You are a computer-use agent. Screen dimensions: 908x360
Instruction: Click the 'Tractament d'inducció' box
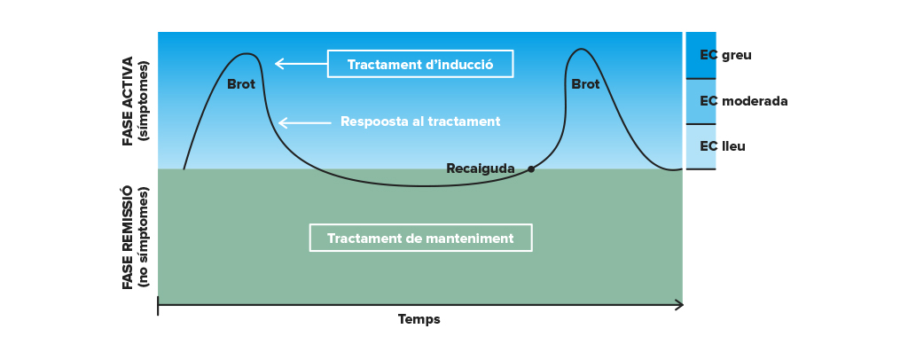tap(419, 64)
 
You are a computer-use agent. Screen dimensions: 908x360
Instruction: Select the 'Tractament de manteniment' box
tap(420, 238)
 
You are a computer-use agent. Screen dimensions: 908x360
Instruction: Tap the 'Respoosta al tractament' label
tap(420, 121)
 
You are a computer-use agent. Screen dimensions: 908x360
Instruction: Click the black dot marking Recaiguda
tap(531, 169)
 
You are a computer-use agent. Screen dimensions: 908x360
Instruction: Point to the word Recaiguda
tap(480, 168)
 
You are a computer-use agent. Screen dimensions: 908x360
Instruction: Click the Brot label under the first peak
tap(241, 84)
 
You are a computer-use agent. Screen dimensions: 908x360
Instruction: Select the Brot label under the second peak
tap(585, 84)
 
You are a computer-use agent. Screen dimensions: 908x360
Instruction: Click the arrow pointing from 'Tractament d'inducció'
tap(301, 64)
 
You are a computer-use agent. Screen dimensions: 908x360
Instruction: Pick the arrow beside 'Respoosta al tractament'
tap(305, 122)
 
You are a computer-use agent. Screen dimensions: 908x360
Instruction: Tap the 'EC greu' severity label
tap(725, 55)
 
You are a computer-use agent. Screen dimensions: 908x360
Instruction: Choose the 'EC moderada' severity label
tap(744, 101)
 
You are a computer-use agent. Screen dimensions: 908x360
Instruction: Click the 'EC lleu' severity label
tap(722, 146)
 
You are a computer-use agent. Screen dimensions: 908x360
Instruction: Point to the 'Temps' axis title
tap(419, 319)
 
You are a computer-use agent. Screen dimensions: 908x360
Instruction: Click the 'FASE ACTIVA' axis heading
tap(128, 101)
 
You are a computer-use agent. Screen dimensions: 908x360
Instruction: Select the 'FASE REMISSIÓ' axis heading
tap(128, 238)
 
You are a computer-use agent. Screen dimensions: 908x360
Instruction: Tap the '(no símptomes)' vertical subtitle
tap(143, 238)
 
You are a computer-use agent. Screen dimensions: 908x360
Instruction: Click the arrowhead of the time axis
tap(679, 305)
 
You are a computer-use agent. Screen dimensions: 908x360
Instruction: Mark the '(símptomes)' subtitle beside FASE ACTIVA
tap(143, 101)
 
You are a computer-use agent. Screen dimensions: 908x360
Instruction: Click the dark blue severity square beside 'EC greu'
tap(701, 55)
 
